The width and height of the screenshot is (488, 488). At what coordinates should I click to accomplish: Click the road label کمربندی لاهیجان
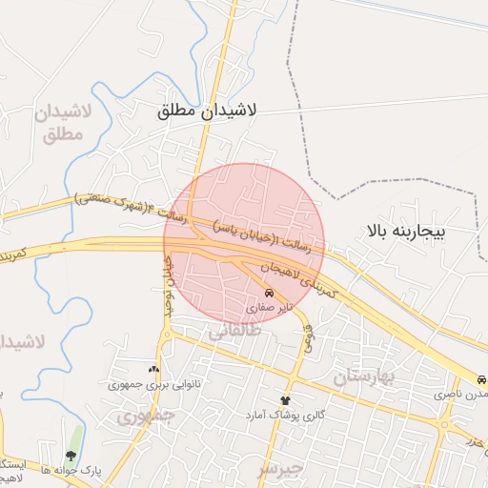coord(298,277)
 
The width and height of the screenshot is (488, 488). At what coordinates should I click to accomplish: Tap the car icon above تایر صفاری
coord(271,293)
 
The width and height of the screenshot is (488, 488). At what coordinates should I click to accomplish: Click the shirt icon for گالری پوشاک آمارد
coord(284,400)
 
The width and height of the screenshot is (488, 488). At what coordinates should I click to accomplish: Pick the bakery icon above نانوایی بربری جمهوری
coord(154,369)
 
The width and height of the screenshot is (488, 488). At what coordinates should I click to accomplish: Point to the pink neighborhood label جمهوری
coord(147,417)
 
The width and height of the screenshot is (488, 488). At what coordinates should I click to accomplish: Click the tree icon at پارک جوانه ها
coord(71,455)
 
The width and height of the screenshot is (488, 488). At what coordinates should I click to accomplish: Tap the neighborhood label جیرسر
coord(280,469)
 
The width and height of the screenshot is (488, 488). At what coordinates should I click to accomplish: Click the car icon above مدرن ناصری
coord(482,378)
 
